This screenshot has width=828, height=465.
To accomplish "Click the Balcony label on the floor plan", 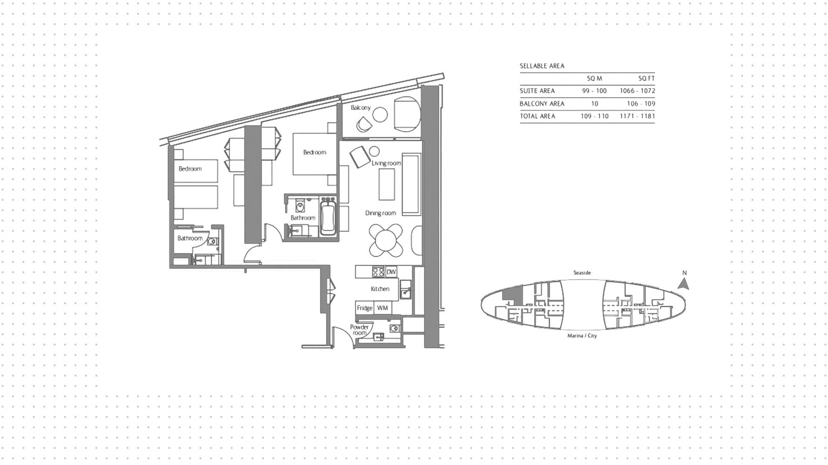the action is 361,107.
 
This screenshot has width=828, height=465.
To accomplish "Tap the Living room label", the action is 386,163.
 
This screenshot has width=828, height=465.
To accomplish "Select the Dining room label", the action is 380,213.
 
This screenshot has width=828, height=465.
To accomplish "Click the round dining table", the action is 386,241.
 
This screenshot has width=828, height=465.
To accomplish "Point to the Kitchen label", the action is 380,289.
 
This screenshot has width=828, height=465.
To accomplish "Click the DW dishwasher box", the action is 391,272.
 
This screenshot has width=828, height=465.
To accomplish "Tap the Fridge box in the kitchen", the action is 364,308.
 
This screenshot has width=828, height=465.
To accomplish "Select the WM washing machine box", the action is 383,308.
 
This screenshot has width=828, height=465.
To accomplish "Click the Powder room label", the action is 359,330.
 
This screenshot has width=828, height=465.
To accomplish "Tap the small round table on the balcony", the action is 380,115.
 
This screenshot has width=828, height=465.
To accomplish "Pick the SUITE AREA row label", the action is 537,91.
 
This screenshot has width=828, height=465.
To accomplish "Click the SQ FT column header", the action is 646,79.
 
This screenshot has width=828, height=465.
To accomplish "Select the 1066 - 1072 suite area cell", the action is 637,91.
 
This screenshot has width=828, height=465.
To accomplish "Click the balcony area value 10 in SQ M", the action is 595,104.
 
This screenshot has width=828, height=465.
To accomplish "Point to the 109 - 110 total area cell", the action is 595,116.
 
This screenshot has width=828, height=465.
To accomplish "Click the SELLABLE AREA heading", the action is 542,66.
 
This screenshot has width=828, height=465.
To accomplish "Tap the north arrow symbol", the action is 684,283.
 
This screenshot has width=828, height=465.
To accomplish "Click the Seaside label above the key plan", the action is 582,273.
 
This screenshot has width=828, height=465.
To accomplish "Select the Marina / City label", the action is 582,336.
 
